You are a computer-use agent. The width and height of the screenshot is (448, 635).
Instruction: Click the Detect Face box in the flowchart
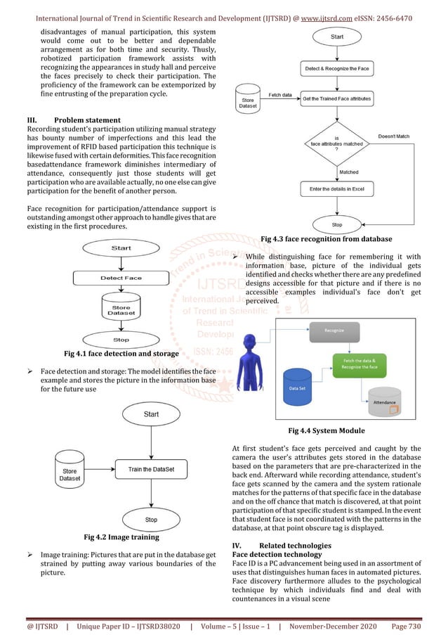pos(121,278)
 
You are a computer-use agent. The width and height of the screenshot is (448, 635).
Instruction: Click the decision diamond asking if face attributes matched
pos(336,143)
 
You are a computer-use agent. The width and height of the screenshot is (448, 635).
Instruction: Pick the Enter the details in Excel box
pos(336,189)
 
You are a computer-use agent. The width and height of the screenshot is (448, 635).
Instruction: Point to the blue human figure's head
pos(251,342)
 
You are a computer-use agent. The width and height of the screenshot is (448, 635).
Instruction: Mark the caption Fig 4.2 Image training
pos(121,537)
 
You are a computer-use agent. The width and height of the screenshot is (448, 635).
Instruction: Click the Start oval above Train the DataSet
pos(151,414)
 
